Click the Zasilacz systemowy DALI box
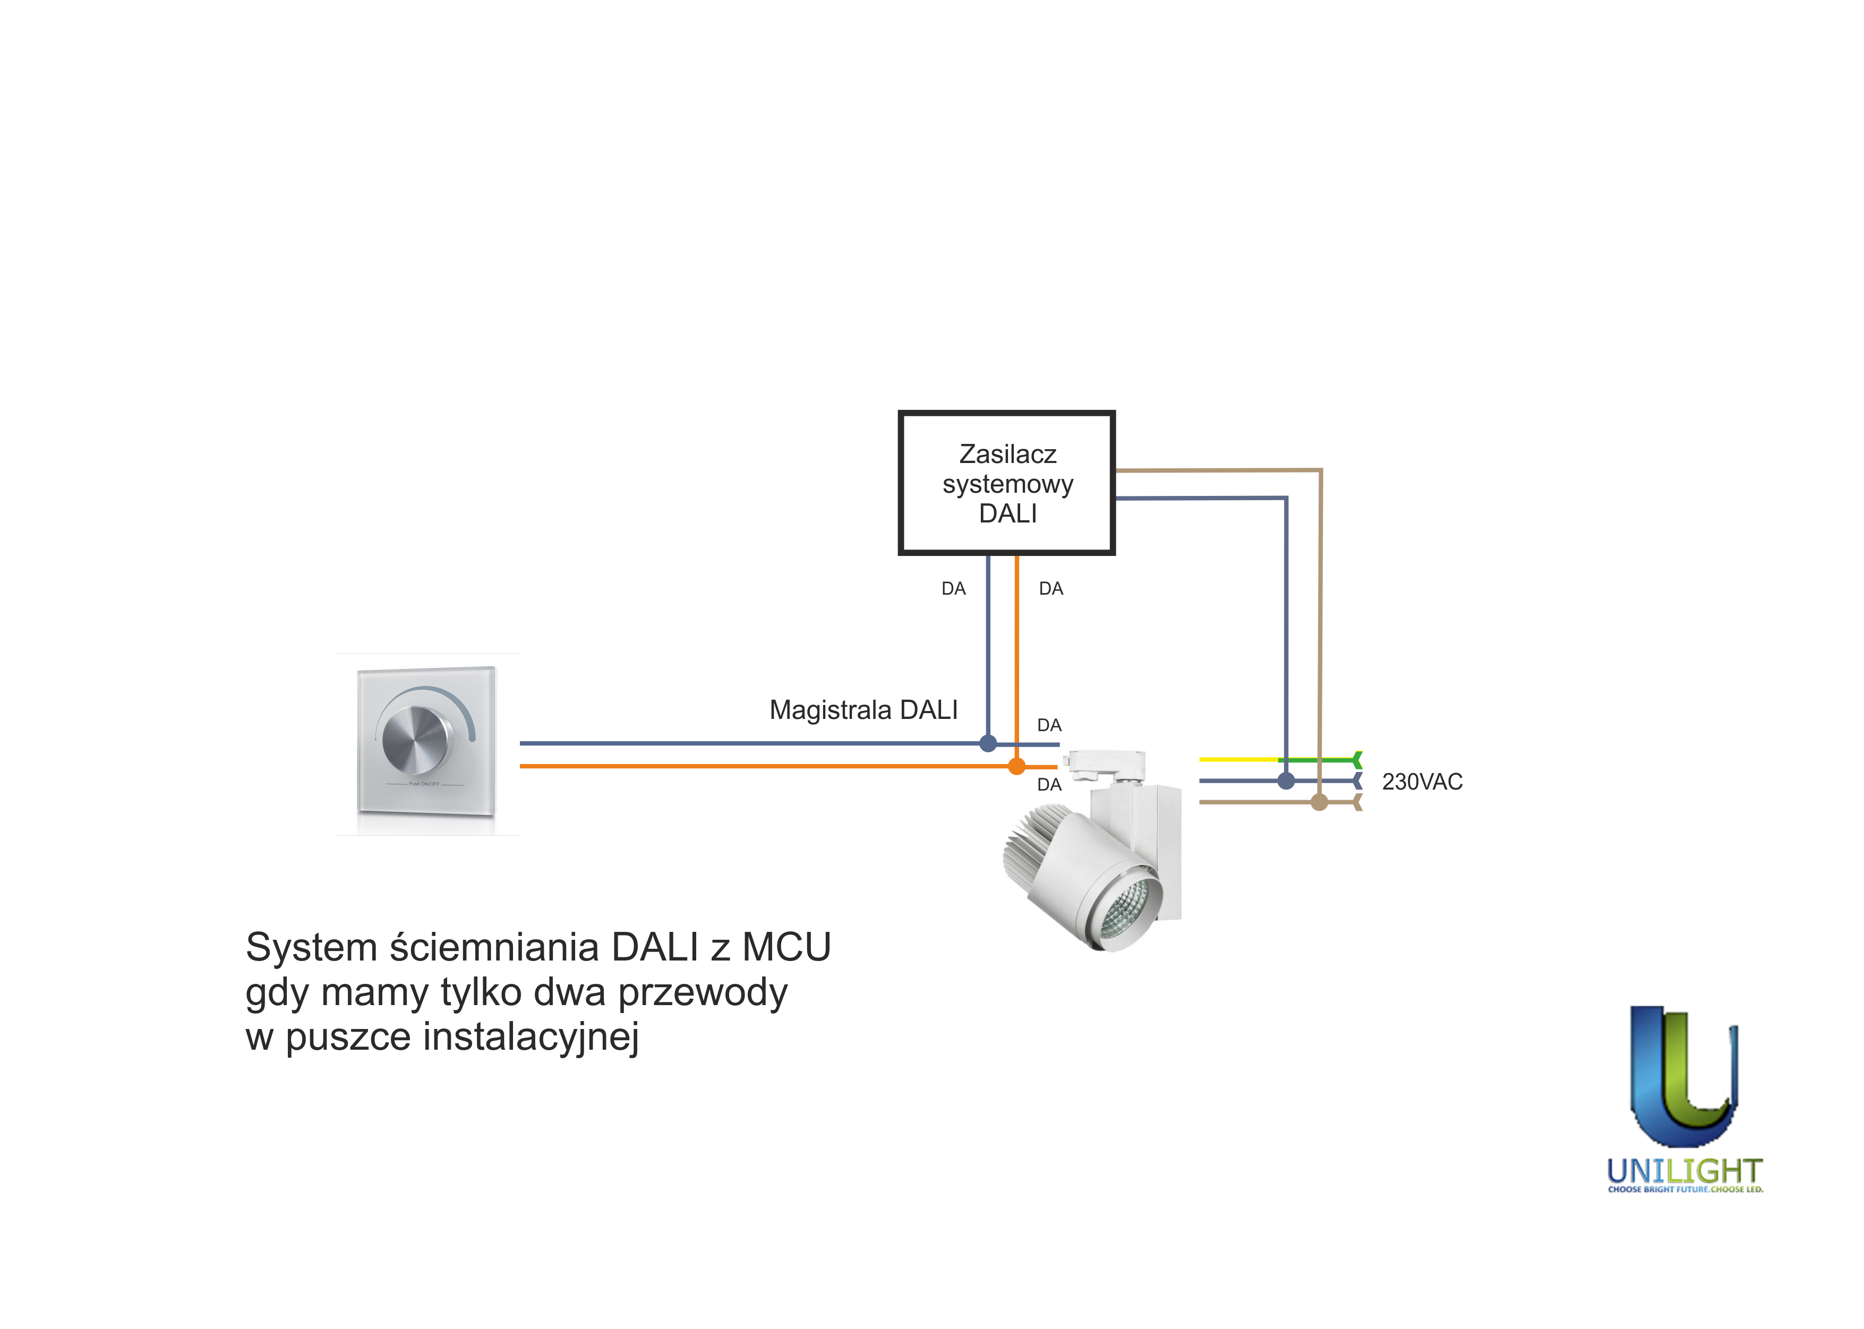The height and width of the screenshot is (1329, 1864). [x=1006, y=483]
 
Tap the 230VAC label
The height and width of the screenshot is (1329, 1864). [x=1422, y=782]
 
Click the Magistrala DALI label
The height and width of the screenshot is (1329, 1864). [x=863, y=709]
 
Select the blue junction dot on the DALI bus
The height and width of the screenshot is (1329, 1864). [x=988, y=743]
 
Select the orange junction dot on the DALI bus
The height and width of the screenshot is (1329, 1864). [x=1016, y=767]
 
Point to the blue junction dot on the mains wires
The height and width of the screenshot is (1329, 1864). [x=1286, y=781]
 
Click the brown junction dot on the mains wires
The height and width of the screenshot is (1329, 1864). [x=1319, y=802]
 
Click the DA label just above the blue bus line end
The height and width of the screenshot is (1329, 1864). [x=1049, y=725]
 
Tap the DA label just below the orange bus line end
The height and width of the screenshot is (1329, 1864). [x=1049, y=785]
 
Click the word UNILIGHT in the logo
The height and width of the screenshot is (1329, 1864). [x=1684, y=1171]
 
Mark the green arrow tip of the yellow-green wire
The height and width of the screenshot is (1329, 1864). [x=1357, y=759]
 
